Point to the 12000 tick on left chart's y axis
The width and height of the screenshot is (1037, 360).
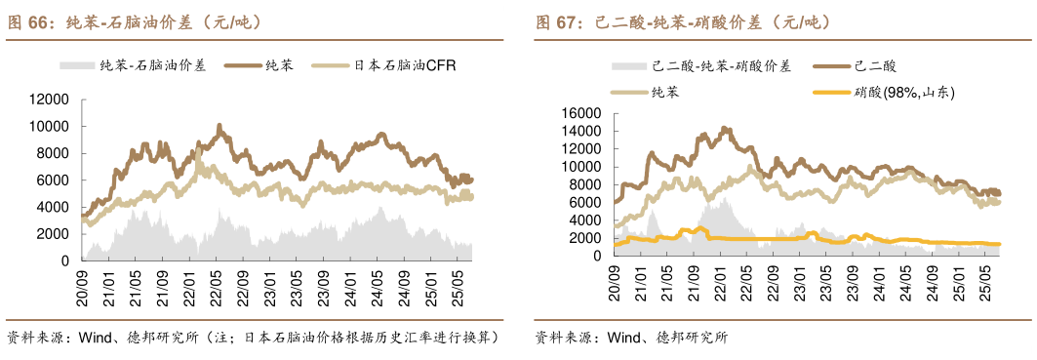pyautogui.click(x=50, y=100)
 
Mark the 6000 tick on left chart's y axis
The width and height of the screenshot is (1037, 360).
pyautogui.click(x=54, y=180)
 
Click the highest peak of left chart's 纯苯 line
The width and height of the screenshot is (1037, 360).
pyautogui.click(x=219, y=126)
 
